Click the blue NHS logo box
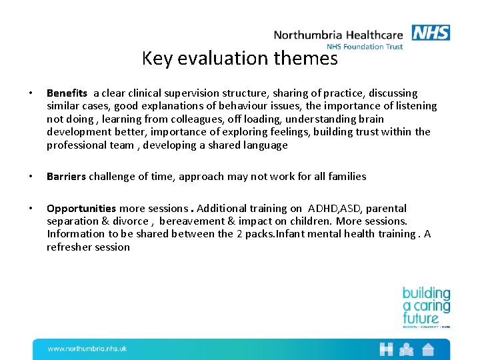click(431, 33)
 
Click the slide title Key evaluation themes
click(240, 59)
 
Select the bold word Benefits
click(67, 93)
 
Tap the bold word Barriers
click(66, 177)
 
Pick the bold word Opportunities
click(81, 209)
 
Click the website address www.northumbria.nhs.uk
click(87, 349)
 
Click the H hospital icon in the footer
click(386, 349)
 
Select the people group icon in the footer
click(407, 349)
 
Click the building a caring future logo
click(426, 307)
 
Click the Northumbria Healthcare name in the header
click(338, 35)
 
